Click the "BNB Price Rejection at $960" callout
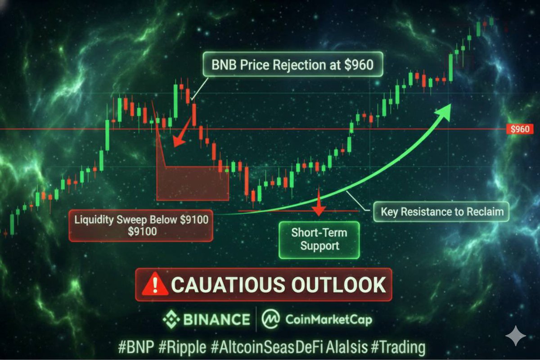tap(292, 65)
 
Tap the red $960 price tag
tap(520, 129)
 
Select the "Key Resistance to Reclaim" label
tap(442, 211)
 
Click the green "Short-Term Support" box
tap(319, 239)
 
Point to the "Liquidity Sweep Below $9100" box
tap(140, 225)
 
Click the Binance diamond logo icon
tap(171, 319)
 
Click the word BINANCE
tap(216, 320)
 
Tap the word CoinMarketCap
tap(328, 320)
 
